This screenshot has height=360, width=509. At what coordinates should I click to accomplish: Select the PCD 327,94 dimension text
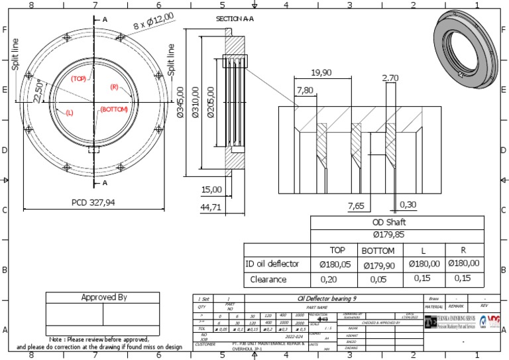click(x=93, y=202)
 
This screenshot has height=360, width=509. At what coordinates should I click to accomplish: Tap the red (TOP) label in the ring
click(x=80, y=78)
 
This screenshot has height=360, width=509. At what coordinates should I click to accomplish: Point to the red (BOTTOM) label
click(x=113, y=109)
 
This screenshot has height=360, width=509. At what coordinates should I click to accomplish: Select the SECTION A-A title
click(x=235, y=19)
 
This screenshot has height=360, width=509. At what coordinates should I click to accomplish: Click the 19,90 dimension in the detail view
click(x=321, y=73)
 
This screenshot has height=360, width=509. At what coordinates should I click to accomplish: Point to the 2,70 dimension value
click(x=390, y=78)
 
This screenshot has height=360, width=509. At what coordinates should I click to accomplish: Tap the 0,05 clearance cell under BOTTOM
click(x=377, y=280)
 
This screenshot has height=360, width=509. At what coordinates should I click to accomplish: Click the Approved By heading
click(x=103, y=297)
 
